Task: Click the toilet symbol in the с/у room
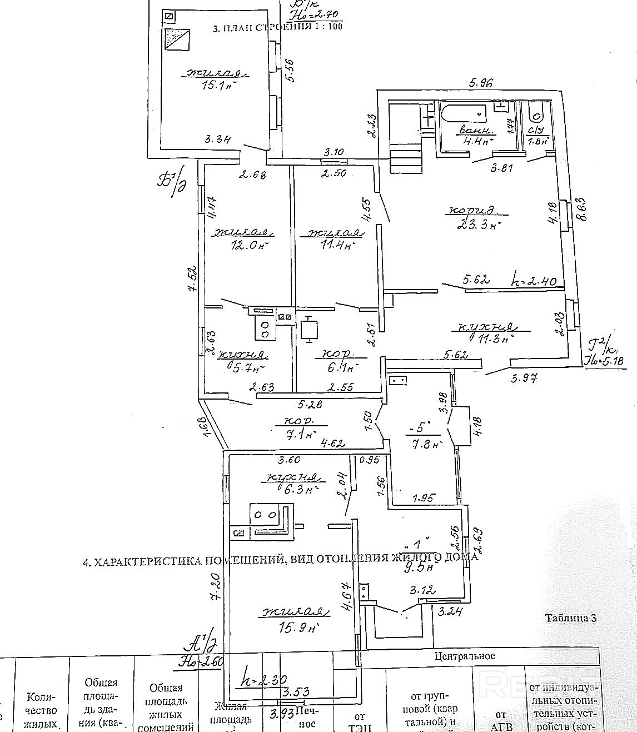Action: tap(538, 117)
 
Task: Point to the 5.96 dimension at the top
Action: tap(481, 84)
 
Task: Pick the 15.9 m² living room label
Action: tap(296, 628)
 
